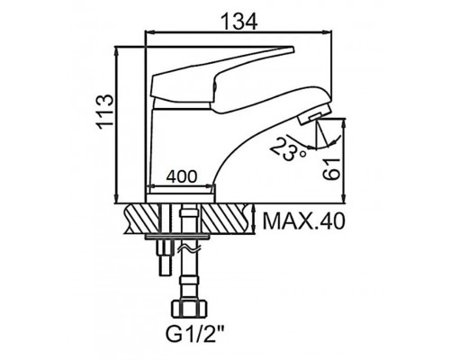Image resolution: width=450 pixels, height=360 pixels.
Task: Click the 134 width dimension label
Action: click(239, 21)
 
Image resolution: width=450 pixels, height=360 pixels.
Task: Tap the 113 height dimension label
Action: click(105, 112)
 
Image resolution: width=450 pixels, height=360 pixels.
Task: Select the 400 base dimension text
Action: click(182, 176)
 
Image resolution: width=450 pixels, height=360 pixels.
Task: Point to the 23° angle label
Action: click(286, 149)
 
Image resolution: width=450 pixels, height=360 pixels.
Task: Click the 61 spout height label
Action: click(331, 169)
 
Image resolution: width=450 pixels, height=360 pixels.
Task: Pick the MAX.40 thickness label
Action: click(303, 221)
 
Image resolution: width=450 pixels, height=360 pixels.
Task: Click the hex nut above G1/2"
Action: click(190, 309)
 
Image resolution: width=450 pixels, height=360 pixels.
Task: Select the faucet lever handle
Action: click(222, 76)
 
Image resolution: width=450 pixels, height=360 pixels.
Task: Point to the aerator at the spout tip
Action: click(315, 113)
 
